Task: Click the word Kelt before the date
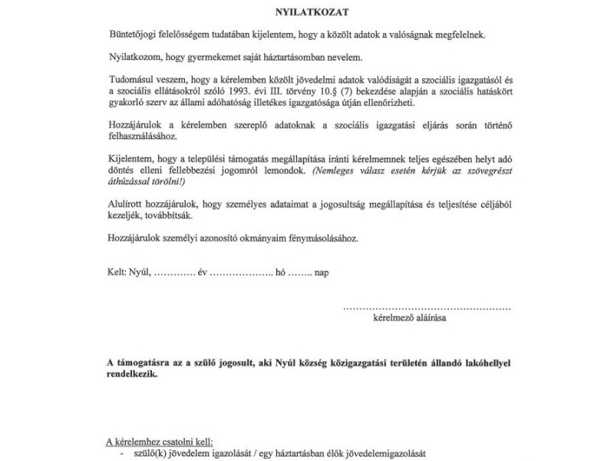point(117,272)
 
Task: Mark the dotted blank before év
point(176,272)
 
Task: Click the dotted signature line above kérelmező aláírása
point(426,307)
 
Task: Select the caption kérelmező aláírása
point(410,317)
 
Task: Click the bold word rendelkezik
point(134,374)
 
